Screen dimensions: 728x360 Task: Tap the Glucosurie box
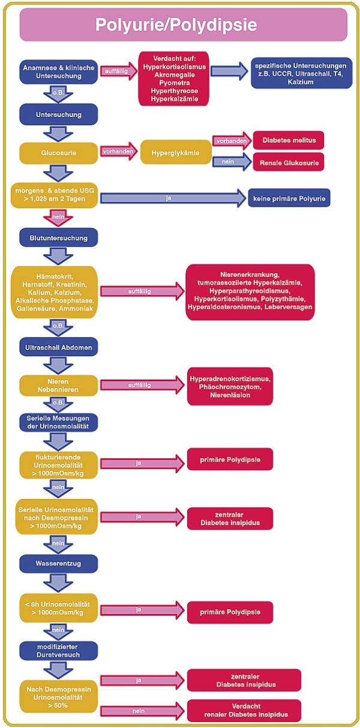58,153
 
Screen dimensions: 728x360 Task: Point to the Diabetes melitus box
289,140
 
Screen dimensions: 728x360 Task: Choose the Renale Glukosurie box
289,161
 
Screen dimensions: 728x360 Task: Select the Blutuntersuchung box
58,238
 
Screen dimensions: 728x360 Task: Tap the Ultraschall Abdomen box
58,347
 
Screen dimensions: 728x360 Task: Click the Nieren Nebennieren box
58,385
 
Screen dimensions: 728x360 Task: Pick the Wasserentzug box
58,564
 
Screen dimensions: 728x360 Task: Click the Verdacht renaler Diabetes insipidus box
244,711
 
